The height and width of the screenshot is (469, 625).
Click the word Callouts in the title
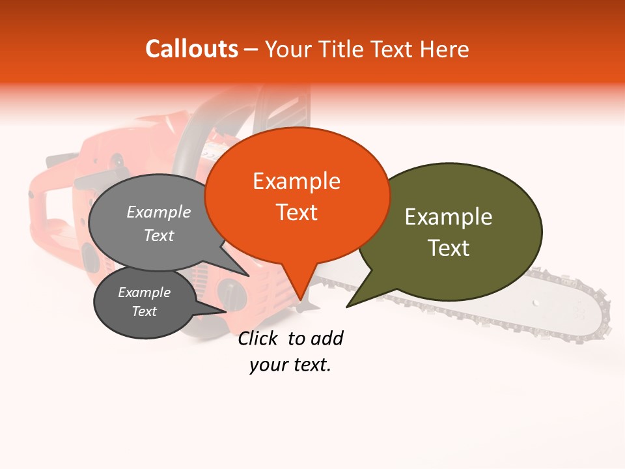click(191, 49)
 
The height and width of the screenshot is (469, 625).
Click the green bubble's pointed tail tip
click(347, 307)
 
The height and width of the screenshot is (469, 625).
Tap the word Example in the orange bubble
click(296, 181)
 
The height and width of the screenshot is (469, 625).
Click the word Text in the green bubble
click(449, 248)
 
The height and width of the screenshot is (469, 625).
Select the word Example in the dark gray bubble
click(144, 292)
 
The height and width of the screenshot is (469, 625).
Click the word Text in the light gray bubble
click(159, 236)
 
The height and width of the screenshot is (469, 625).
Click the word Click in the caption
click(257, 338)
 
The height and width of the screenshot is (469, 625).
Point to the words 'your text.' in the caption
click(290, 365)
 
